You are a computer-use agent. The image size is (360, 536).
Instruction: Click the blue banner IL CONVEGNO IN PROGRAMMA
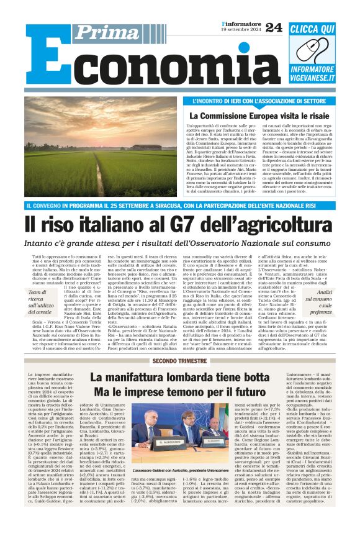[180, 206]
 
